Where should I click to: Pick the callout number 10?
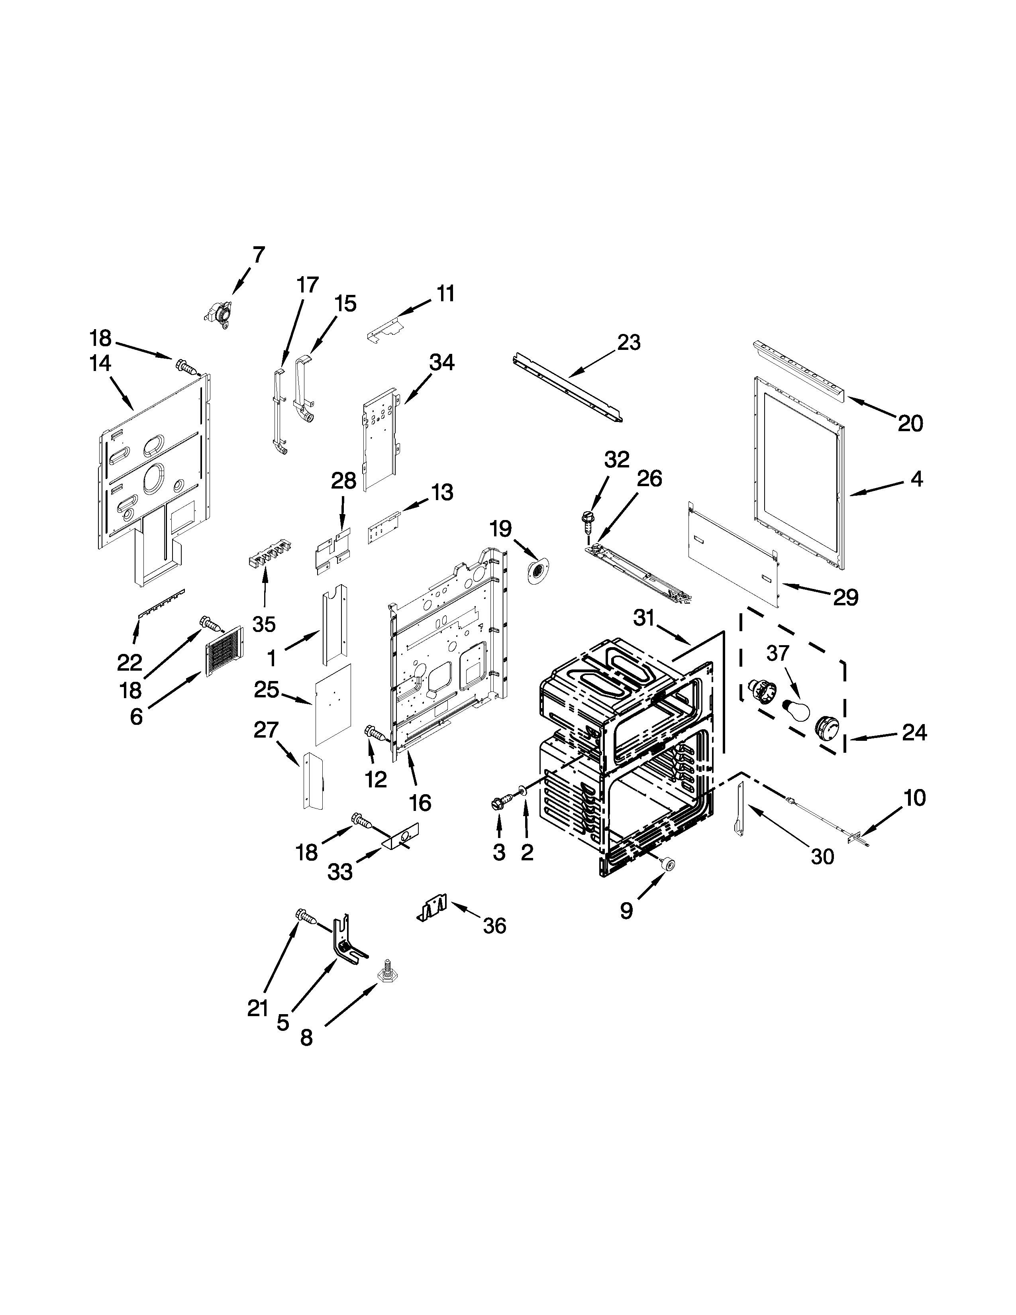pos(914,798)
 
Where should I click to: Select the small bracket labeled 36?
pos(433,909)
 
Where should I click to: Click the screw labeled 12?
pos(374,734)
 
